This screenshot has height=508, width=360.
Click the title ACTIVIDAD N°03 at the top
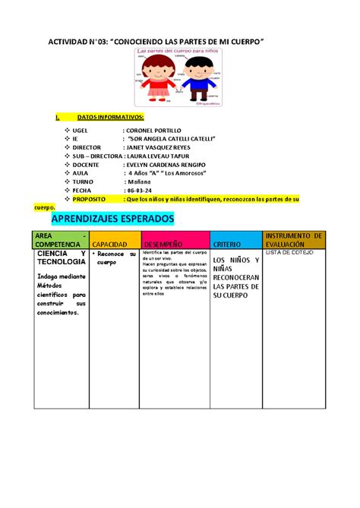(156, 37)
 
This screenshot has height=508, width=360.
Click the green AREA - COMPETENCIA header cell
(58, 239)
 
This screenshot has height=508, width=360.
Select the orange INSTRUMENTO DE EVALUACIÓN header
(295, 239)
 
